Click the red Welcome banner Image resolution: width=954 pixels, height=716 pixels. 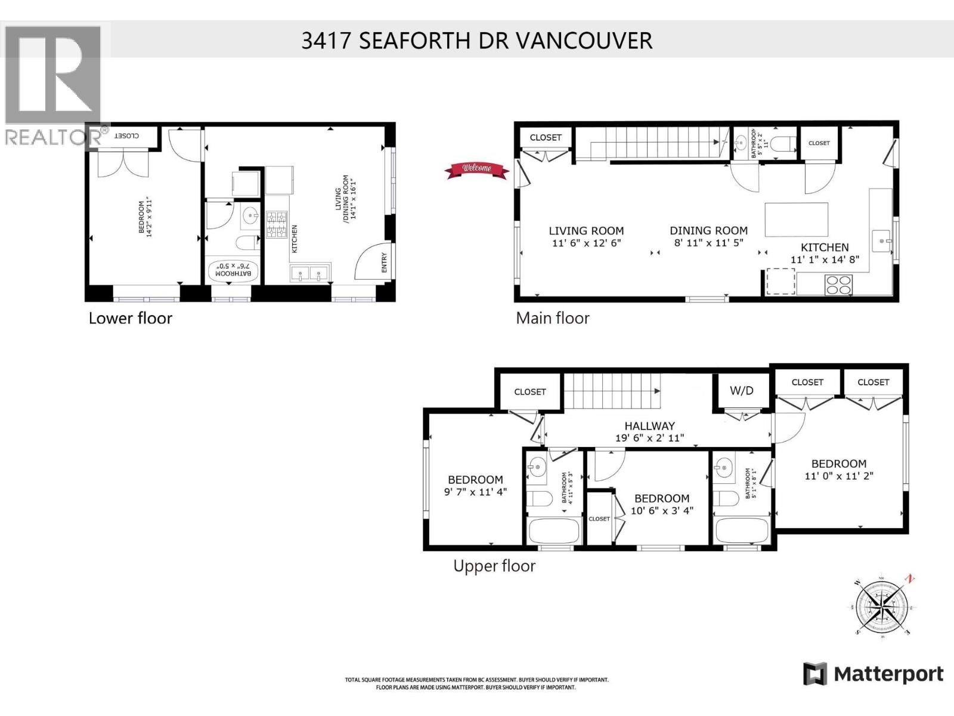477,170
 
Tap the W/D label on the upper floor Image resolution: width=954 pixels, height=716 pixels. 742,391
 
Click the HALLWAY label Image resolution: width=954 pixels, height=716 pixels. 649,426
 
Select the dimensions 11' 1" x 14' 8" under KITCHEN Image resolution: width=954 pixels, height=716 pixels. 825,260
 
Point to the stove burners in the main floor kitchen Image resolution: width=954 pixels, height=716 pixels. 838,285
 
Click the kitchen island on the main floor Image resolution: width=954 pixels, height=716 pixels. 797,220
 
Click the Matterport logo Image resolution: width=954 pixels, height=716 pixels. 873,674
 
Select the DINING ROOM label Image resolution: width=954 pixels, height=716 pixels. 708,230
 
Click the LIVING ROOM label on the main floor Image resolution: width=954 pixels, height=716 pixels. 586,231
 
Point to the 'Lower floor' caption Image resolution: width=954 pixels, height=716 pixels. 130,318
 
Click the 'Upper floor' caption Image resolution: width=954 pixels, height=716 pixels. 494,566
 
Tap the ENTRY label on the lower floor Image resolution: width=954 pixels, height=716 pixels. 384,263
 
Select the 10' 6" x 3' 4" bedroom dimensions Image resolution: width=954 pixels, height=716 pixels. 662,511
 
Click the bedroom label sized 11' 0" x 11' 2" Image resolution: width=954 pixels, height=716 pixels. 838,464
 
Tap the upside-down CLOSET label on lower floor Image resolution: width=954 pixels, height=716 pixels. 126,136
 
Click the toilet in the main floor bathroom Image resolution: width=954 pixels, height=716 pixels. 781,144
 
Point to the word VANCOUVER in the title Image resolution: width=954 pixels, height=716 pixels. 583,41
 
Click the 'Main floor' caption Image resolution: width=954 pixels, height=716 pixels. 552,318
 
